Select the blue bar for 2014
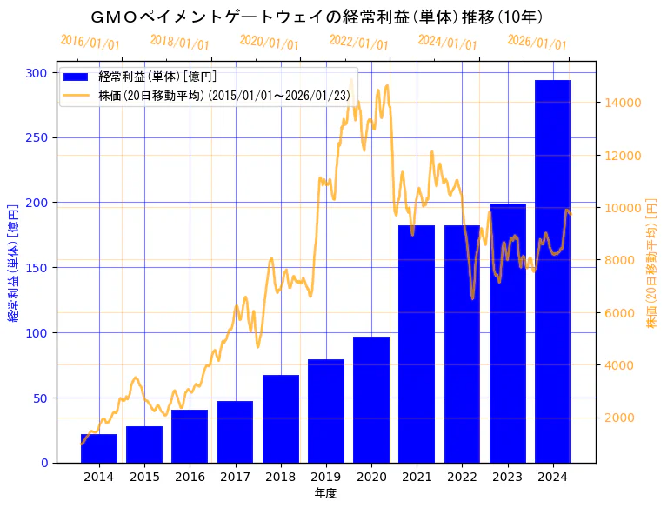coord(99,448)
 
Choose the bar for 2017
coord(235,431)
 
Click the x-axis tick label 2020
coord(371,477)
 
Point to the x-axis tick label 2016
coord(190,477)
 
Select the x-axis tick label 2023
coord(508,477)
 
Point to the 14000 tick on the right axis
coord(623,103)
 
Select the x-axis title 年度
coord(325,493)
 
